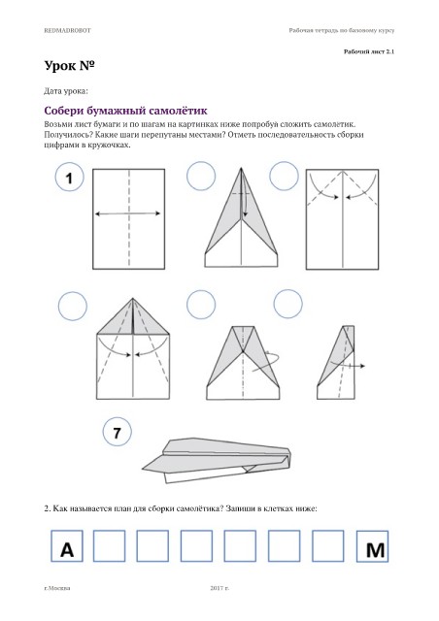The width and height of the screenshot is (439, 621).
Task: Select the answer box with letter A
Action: tap(67, 545)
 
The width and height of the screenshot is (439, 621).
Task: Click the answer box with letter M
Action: tap(372, 546)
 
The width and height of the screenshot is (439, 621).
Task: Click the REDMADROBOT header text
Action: tap(67, 30)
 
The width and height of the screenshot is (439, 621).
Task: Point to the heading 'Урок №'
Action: tap(69, 66)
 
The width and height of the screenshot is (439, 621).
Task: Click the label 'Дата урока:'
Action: tap(66, 91)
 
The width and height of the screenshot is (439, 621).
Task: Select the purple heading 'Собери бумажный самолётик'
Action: tap(125, 111)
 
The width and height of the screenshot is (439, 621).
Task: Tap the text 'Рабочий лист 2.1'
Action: tap(369, 51)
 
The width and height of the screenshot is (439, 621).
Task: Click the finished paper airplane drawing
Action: tap(217, 460)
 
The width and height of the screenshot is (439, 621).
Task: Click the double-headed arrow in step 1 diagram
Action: tap(127, 213)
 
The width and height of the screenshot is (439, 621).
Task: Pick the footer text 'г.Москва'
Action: tap(57, 588)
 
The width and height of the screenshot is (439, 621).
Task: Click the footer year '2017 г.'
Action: tap(219, 588)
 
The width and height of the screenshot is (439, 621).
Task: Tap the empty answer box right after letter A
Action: tap(109, 545)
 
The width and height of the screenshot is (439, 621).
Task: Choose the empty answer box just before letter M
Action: tap(328, 545)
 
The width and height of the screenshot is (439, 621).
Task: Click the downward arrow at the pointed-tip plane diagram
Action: tap(245, 205)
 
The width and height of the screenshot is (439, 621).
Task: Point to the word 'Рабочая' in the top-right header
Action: tap(300, 30)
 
